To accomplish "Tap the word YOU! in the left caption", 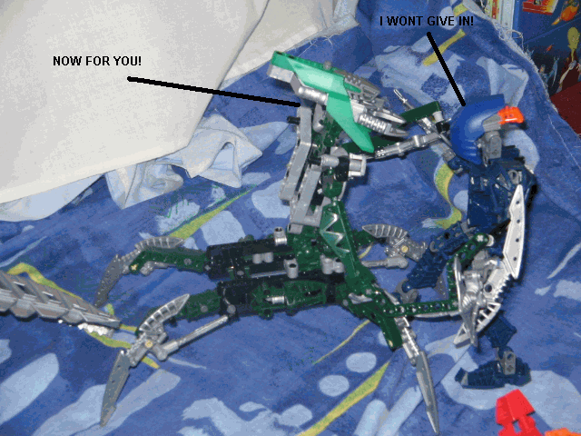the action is [127, 61].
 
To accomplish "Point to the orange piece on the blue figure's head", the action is [511, 115].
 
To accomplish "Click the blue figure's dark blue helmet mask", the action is [472, 130].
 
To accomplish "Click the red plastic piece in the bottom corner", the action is [515, 413].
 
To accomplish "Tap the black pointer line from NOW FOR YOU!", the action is [214, 92].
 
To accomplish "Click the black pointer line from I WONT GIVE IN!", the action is [446, 69].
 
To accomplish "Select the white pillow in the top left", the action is [111, 85].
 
